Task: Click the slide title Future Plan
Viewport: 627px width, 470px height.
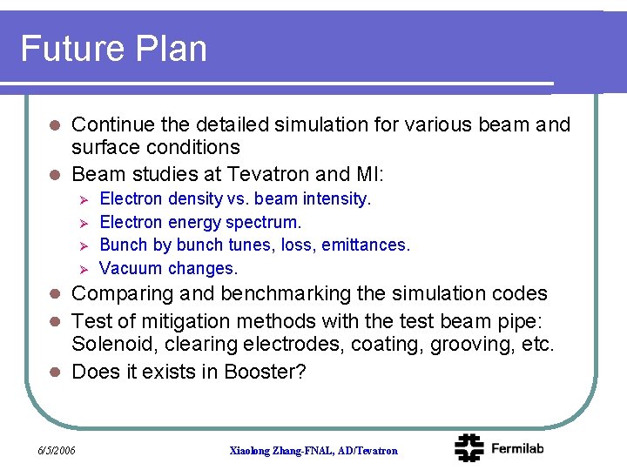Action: point(113,49)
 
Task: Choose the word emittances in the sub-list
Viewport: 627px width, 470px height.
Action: point(365,245)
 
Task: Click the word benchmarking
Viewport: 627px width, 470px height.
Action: point(287,294)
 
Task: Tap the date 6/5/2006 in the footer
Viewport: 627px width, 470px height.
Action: point(57,450)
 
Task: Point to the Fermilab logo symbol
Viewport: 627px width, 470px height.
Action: point(469,447)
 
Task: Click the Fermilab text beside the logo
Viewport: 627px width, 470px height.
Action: point(517,448)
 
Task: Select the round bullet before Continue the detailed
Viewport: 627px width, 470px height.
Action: point(53,125)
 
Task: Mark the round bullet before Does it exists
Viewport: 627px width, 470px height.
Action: point(53,373)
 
